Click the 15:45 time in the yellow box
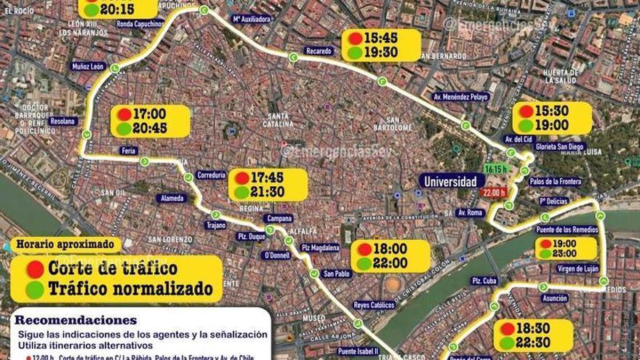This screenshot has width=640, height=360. tap(380, 37)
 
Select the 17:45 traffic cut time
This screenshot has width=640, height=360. tap(268, 177)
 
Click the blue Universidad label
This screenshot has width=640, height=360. tap(450, 181)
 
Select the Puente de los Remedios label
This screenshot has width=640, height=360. tap(568, 230)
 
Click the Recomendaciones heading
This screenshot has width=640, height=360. tap(75, 320)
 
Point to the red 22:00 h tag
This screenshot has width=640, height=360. tap(493, 192)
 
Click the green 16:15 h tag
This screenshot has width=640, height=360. tap(495, 169)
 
